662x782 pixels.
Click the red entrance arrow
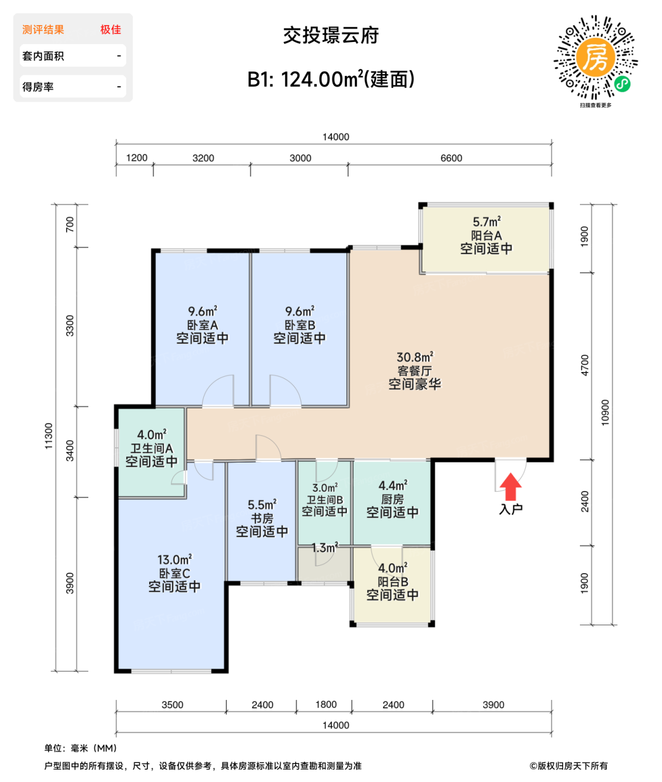coord(510,487)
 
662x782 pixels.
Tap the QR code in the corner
coord(596,58)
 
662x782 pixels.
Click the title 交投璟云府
coord(331,35)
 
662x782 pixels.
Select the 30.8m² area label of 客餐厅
coord(415,357)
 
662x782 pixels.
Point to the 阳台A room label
coord(486,236)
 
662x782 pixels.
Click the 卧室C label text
coord(174,574)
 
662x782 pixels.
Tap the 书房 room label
coord(261,518)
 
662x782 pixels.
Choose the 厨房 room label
coord(392,499)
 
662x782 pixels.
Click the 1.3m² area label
coord(324,548)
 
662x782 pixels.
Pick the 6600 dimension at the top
coord(451,158)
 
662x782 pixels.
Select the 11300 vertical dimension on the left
coord(49,436)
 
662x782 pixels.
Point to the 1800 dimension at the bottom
coord(326,704)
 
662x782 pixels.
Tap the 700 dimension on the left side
coord(70,225)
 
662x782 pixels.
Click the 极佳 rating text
coord(111,30)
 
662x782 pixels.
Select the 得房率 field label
coord(38,87)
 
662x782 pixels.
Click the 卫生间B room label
coord(325,500)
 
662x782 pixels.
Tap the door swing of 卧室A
coord(218,390)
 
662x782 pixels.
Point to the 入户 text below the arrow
coord(511,509)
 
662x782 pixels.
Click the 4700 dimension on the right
coord(584,365)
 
